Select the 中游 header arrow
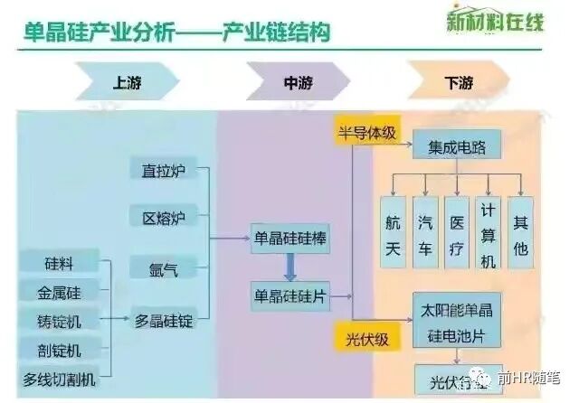(289, 84)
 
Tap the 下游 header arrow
(457, 84)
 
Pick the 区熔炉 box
(163, 218)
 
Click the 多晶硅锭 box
(164, 320)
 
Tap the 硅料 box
(60, 264)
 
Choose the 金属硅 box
(60, 293)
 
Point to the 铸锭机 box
(60, 321)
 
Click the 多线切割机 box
(60, 379)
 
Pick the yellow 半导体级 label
(365, 132)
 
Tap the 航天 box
(392, 232)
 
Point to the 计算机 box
(488, 232)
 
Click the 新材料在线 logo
(494, 20)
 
